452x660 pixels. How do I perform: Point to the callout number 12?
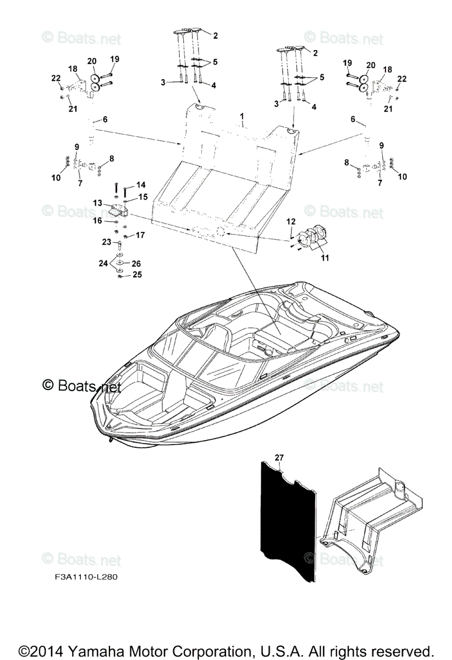[x=291, y=221]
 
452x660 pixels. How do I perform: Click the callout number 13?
[x=98, y=203]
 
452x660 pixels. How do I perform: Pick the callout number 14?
[x=141, y=185]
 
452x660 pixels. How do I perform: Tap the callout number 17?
[x=140, y=235]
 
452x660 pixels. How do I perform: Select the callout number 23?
[x=107, y=241]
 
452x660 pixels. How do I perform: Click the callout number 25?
[x=137, y=274]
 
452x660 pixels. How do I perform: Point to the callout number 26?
[x=136, y=263]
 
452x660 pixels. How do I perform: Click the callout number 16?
[x=97, y=221]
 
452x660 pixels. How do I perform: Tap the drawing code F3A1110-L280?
[x=81, y=577]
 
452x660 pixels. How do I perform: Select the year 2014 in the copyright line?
[x=45, y=649]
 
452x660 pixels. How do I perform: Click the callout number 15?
[x=142, y=196]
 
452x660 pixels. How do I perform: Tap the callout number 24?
[x=103, y=263]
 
